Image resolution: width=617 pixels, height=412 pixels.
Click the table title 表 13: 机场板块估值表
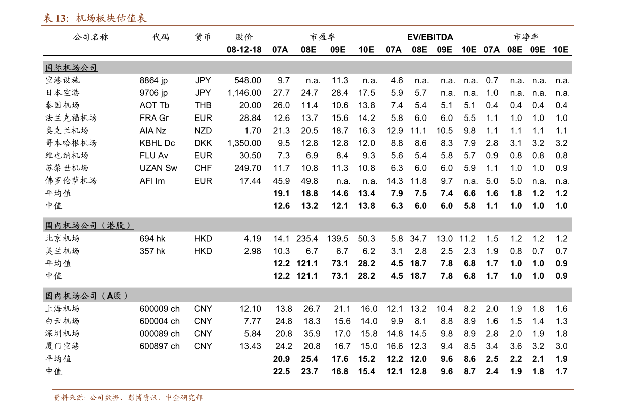point(94,18)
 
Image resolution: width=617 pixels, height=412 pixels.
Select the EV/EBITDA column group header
point(430,37)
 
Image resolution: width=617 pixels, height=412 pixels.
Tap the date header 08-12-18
point(244,50)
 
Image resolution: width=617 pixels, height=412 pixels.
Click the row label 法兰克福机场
point(71,118)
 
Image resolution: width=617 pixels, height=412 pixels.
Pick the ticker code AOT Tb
point(154,105)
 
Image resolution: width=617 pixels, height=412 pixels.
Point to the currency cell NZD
point(203,130)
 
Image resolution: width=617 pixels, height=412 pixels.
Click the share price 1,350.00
point(244,143)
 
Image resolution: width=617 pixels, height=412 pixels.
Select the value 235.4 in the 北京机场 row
point(307,239)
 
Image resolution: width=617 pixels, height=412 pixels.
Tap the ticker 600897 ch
point(159,346)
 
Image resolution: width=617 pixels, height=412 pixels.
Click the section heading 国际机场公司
point(71,68)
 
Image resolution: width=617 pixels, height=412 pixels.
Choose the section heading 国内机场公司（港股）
point(89,226)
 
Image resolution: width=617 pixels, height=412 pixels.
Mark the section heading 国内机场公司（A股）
point(87,296)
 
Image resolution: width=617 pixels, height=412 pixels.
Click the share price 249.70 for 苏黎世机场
point(248,168)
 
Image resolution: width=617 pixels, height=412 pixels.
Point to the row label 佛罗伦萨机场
point(71,181)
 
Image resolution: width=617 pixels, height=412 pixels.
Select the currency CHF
point(203,168)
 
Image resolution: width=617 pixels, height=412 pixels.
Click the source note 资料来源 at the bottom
point(128,397)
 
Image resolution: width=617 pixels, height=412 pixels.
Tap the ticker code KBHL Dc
point(157,143)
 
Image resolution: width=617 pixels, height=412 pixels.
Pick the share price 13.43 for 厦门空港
point(250,346)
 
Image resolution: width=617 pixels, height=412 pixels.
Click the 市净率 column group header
point(526,37)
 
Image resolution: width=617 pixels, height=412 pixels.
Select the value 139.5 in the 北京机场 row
point(337,239)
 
